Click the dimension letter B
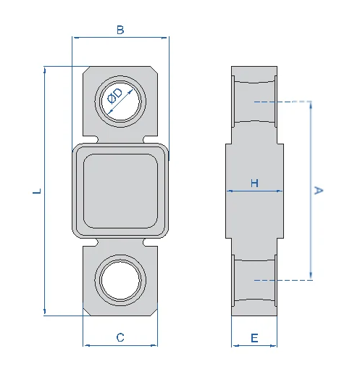click(x=120, y=30)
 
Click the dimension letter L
click(x=37, y=191)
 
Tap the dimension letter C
click(x=120, y=337)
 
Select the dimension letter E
click(x=254, y=338)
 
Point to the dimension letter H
click(x=254, y=183)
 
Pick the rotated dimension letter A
click(x=318, y=190)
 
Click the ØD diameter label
click(x=115, y=96)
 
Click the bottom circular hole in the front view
click(x=120, y=281)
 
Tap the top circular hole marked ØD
click(x=120, y=101)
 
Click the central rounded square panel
click(x=120, y=191)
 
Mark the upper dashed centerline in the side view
click(x=282, y=102)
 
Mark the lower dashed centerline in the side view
click(x=283, y=280)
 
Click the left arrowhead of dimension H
click(x=229, y=191)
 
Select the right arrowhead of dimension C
click(x=154, y=345)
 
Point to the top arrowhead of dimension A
click(x=311, y=104)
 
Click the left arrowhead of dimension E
click(x=235, y=346)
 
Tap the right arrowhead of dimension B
click(x=164, y=38)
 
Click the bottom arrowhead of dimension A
click(x=311, y=276)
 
